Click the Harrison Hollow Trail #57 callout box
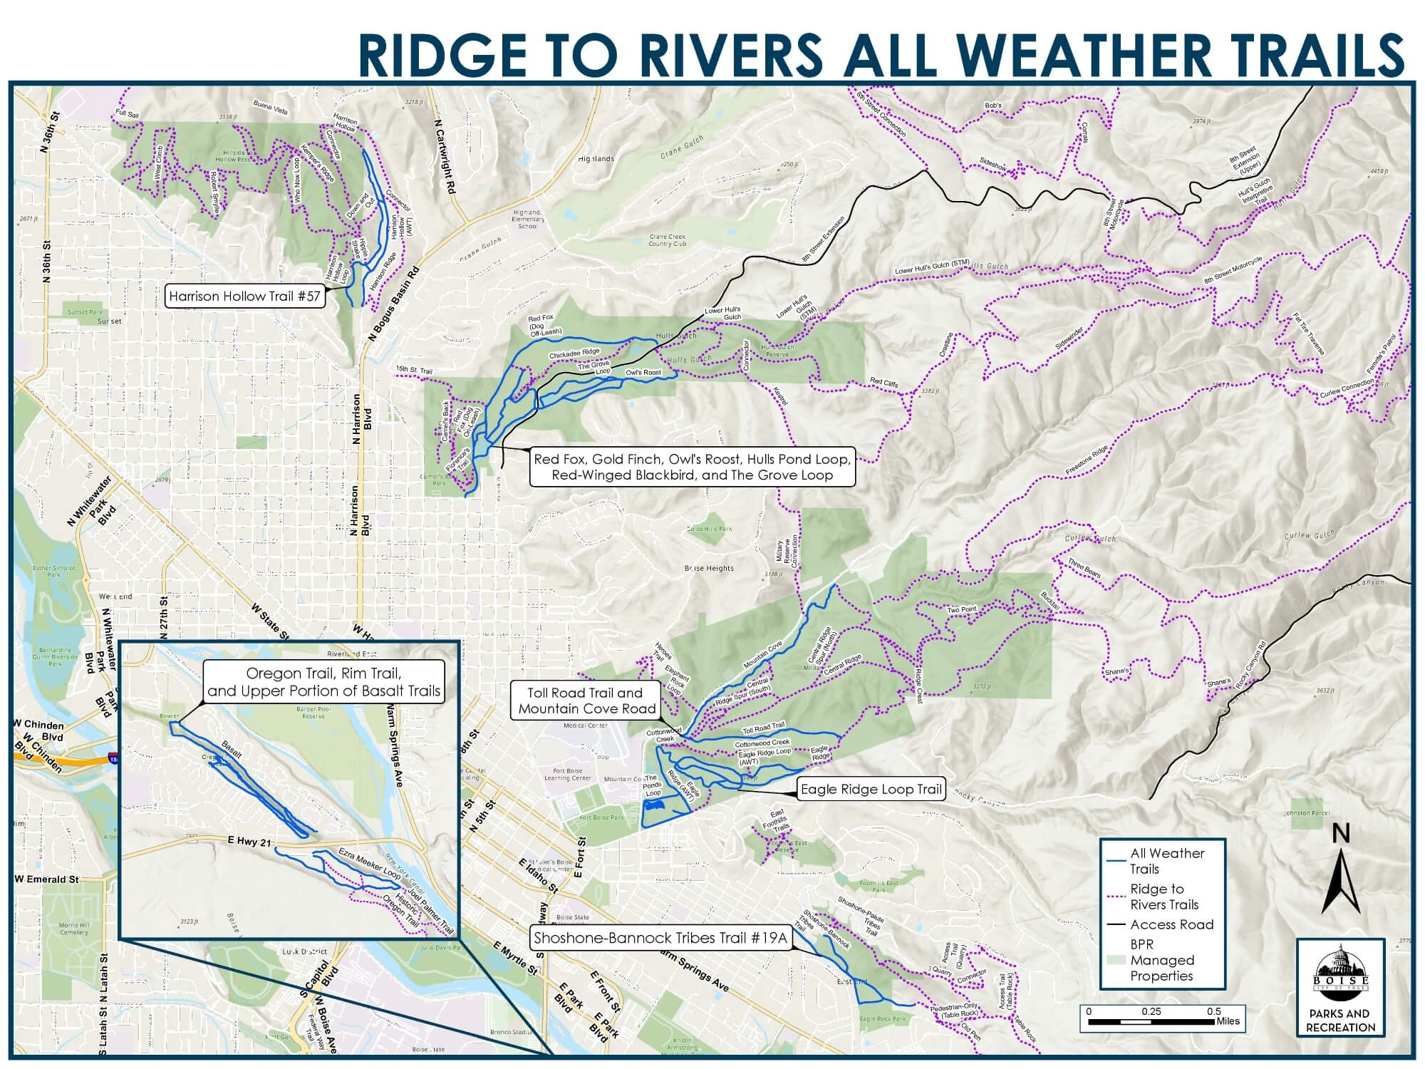coord(244,296)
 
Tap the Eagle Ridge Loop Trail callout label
coord(871,790)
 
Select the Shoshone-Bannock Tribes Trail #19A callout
coord(660,938)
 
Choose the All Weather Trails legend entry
coord(1166,861)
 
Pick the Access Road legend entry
coord(1171,924)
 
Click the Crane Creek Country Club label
coord(667,239)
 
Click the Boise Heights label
coord(709,568)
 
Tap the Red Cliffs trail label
coord(883,383)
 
